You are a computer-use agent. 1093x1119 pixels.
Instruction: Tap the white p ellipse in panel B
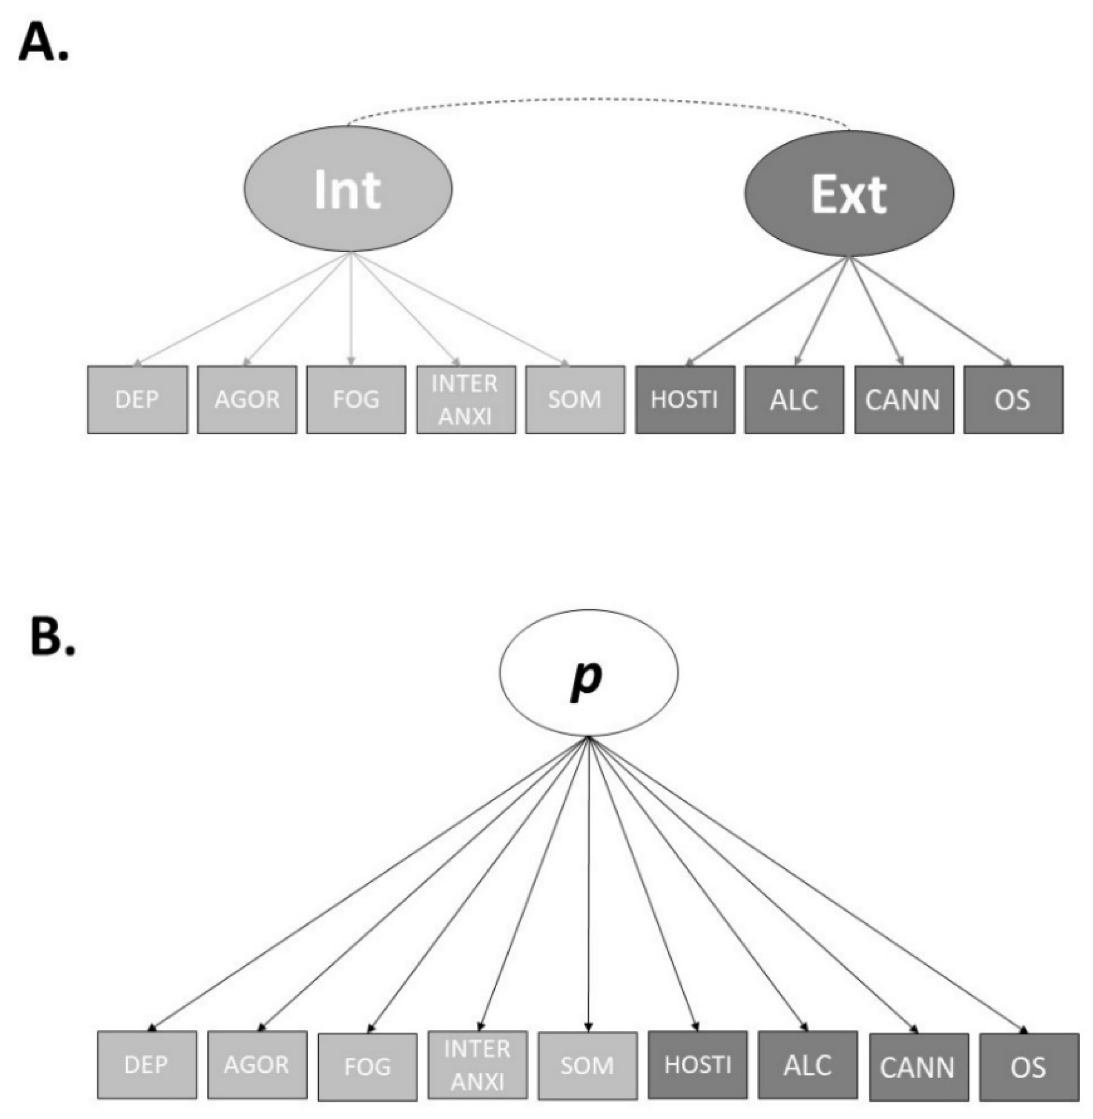588,673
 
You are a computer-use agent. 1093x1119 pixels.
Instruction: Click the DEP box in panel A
137,399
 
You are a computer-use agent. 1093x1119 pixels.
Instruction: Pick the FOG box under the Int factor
356,399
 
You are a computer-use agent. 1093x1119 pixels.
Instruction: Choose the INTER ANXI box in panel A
465,399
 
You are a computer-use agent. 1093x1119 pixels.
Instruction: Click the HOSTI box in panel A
684,399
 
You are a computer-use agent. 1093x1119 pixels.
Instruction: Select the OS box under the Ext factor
1013,399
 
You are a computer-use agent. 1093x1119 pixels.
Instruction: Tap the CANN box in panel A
904,399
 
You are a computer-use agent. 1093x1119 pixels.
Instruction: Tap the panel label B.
52,638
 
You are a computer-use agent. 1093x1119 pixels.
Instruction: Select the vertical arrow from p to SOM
588,884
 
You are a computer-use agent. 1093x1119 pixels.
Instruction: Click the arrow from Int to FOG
351,310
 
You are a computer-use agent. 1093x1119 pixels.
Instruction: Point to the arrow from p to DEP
367,884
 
